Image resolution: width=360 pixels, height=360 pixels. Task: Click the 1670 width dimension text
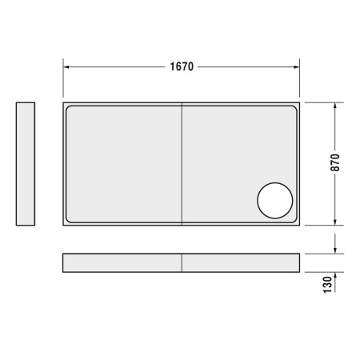(182, 67)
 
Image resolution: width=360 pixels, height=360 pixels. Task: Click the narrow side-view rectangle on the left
(26, 164)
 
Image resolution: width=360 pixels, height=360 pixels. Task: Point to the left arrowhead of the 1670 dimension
(67, 67)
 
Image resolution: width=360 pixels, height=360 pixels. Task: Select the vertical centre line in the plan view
(182, 164)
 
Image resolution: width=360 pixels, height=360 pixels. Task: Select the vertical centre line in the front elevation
(182, 263)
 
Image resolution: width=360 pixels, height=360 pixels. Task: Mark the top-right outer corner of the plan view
(301, 102)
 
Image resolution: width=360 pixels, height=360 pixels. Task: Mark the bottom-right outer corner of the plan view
(301, 226)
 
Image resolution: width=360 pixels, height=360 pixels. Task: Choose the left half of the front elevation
(122, 263)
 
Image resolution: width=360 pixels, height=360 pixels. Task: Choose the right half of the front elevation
(241, 263)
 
